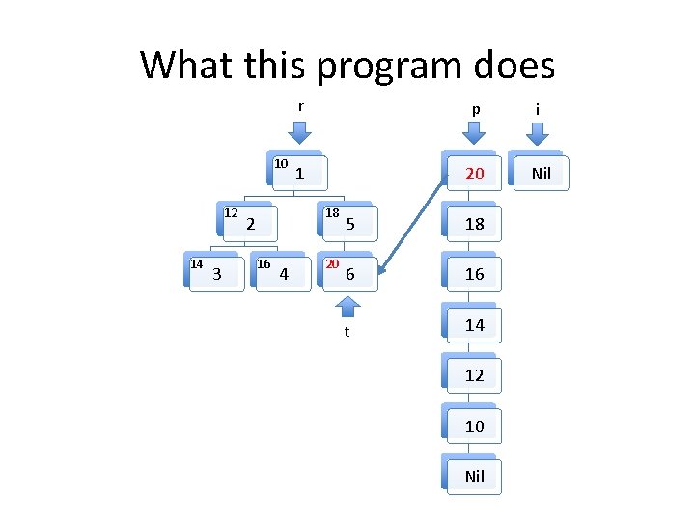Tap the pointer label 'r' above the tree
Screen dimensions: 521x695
[x=300, y=106]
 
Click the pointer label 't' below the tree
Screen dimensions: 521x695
[x=347, y=332]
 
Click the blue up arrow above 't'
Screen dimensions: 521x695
[x=347, y=307]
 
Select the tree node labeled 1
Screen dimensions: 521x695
[x=300, y=174]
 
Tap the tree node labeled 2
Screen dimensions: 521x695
[x=251, y=224]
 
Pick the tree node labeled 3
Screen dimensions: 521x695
[x=217, y=274]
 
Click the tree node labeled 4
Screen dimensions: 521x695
[x=284, y=274]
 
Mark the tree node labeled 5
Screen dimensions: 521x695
[x=350, y=224]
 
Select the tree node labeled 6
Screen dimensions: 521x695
[x=350, y=274]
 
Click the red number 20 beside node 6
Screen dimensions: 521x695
[x=332, y=263]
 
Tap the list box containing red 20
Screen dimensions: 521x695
[x=474, y=174]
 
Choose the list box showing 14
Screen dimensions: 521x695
[x=474, y=325]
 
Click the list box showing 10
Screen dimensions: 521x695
[x=474, y=425]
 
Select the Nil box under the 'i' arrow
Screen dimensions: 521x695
[x=541, y=174]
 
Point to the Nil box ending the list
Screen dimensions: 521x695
[x=474, y=477]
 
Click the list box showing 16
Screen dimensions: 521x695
[x=474, y=274]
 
